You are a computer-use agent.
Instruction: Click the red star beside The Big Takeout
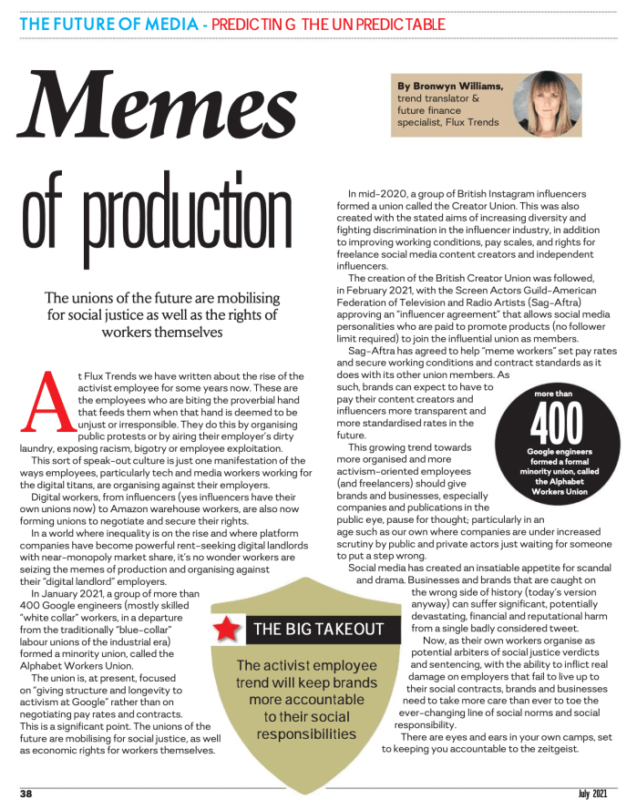(x=228, y=629)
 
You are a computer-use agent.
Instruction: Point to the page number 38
(x=26, y=794)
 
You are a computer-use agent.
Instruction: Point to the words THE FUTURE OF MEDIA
(x=108, y=24)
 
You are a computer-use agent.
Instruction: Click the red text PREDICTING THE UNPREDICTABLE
(x=327, y=24)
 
